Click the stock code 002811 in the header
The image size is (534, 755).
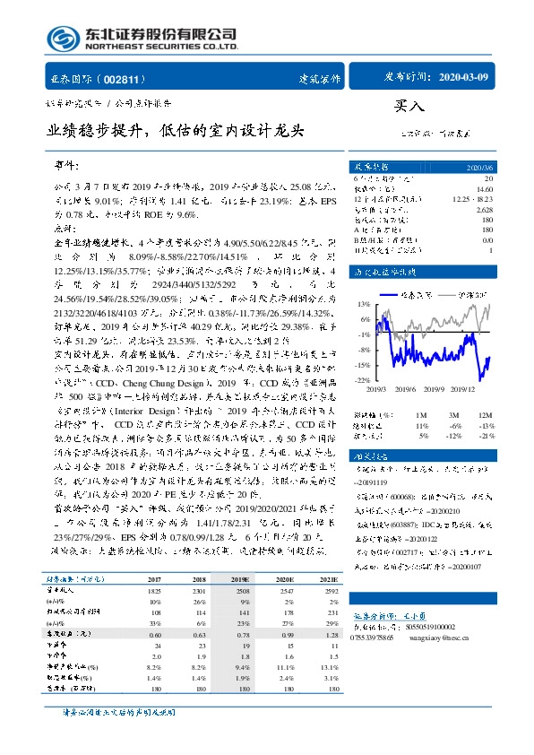click(x=125, y=79)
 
